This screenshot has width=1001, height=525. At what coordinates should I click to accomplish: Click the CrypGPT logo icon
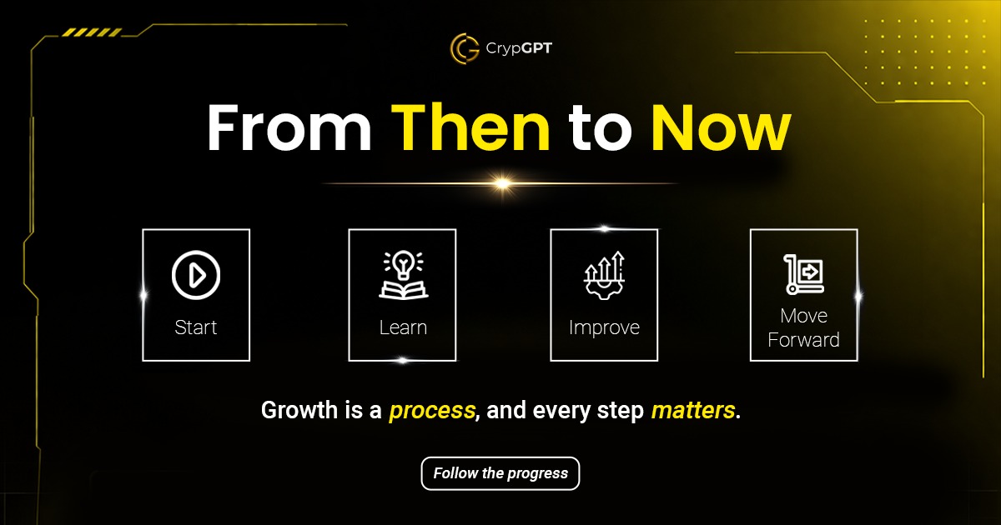(465, 47)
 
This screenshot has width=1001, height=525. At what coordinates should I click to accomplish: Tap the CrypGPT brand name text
(518, 48)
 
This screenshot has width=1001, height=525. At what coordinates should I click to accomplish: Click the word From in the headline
(289, 128)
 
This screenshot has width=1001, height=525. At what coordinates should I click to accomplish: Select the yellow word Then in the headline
(471, 128)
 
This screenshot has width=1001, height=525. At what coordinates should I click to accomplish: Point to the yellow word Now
(720, 128)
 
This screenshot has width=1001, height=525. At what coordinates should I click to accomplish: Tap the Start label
(196, 327)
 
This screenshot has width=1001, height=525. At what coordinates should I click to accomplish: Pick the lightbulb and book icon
(403, 276)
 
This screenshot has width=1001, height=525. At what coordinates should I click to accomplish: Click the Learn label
(403, 327)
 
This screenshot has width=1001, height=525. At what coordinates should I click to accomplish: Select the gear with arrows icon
(604, 276)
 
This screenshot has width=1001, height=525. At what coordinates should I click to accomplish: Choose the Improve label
(604, 327)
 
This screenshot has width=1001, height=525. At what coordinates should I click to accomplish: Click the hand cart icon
(803, 274)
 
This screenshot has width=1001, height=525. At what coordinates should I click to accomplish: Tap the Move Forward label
(803, 327)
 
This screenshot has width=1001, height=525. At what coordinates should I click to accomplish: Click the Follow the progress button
(500, 473)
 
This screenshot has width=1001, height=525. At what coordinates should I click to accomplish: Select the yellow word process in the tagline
(432, 410)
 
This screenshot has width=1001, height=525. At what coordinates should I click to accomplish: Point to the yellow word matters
(693, 410)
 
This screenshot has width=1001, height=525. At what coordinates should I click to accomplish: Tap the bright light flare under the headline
(502, 182)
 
